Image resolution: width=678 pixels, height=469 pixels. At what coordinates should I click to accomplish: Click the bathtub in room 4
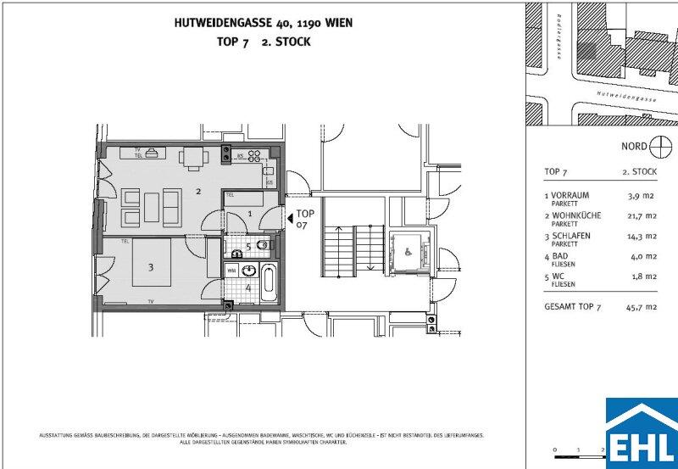point(267,282)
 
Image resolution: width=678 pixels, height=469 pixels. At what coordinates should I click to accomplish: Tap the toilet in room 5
point(263,246)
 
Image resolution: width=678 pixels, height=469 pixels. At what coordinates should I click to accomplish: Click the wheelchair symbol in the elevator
point(406,251)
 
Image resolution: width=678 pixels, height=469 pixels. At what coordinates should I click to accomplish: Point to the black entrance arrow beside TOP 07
point(290,220)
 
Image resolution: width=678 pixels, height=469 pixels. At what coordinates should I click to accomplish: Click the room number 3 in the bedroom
point(151,268)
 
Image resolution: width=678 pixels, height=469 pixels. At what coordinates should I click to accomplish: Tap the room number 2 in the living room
point(198,192)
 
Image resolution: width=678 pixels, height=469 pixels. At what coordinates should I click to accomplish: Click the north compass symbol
point(659,147)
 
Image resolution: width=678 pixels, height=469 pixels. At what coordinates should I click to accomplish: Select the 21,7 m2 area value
point(641,216)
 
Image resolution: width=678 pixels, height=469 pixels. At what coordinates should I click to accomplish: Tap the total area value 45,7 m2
point(641,308)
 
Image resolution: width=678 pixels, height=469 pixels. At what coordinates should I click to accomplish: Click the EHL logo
point(641,433)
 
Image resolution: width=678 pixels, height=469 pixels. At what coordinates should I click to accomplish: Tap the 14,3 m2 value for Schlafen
point(641,237)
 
